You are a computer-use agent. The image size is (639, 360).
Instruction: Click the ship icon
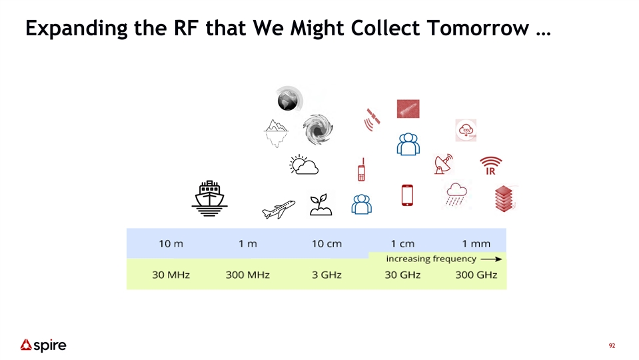[209, 199]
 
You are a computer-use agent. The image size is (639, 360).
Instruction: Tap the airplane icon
[279, 209]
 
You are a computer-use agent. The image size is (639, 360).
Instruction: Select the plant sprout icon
[320, 205]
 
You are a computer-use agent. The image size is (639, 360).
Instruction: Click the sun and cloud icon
[304, 165]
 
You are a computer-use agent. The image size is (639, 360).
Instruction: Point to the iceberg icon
[276, 133]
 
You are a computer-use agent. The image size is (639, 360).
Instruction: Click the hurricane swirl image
[318, 129]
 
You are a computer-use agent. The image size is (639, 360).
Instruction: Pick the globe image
[289, 99]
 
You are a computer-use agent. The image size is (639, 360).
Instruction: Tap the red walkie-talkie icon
[361, 169]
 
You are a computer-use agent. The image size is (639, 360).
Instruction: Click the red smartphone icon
[407, 195]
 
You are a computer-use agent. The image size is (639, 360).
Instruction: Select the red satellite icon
[372, 119]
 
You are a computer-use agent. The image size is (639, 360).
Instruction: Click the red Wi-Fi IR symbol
[490, 165]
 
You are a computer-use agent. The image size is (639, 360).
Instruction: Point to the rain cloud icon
[456, 195]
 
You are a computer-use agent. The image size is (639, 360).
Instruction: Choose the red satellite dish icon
[443, 164]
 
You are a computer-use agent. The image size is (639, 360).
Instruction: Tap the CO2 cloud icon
[466, 131]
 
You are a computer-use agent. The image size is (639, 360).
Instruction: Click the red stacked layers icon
[504, 199]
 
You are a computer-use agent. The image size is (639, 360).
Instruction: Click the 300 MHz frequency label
[248, 275]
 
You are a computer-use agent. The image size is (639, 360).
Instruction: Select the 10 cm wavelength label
[327, 244]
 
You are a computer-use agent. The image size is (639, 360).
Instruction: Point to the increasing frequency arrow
[491, 259]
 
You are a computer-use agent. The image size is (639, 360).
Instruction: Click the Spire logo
[43, 345]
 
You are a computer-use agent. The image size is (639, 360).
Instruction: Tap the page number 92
[612, 346]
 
